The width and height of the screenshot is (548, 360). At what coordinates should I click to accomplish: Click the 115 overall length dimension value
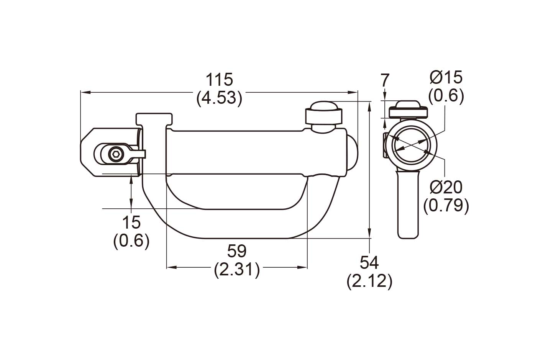pos(219,80)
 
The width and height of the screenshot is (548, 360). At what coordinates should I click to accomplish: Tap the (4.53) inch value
pos(220,98)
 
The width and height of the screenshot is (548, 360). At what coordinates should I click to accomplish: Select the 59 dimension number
pos(236,251)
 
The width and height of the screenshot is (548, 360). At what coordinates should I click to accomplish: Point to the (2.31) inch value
pos(236,270)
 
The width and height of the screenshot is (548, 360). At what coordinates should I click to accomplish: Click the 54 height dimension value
pos(369,263)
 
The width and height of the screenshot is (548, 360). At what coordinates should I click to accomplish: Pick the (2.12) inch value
pos(369,281)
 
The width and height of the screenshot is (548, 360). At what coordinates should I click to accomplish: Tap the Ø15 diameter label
pos(446,77)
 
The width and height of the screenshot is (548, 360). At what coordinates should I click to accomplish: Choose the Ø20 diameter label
pos(446,187)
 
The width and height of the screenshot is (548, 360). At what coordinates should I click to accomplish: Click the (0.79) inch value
pos(446,206)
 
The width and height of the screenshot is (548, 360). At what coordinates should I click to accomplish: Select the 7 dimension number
pos(385,80)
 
